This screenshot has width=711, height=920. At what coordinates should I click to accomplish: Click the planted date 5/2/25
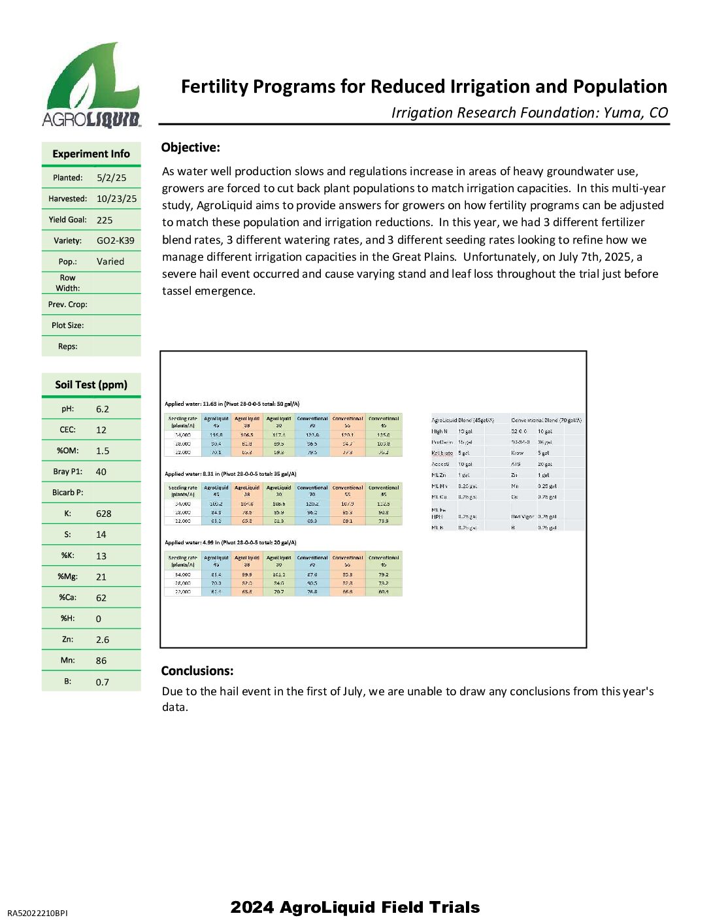click(x=111, y=178)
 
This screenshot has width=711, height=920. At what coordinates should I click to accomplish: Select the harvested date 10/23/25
click(x=116, y=199)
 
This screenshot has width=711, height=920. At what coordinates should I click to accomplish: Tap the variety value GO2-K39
click(x=115, y=240)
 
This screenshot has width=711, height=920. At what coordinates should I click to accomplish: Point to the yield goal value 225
click(x=105, y=220)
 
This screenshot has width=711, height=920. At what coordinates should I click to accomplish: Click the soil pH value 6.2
click(x=102, y=409)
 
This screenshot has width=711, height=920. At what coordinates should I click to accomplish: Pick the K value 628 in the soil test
click(x=103, y=514)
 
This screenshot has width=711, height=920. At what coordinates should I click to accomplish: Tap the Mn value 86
click(x=101, y=661)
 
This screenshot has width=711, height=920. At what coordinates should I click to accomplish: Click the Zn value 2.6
click(x=102, y=640)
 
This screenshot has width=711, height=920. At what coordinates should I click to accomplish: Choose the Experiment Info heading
click(x=91, y=154)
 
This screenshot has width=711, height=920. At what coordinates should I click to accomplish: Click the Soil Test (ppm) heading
click(x=91, y=385)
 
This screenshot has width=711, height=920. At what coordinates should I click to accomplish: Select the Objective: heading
click(x=190, y=148)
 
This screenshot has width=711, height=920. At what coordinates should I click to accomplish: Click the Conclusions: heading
click(x=197, y=671)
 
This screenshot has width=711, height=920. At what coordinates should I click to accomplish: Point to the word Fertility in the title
click(x=214, y=87)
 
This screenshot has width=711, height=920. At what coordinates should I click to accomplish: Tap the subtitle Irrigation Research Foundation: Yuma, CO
click(x=529, y=112)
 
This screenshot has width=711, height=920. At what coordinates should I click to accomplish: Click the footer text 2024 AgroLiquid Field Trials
click(x=355, y=907)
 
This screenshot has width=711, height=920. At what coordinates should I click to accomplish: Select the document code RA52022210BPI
click(x=37, y=913)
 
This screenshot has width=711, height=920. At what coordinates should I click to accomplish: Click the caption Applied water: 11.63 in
click(x=193, y=404)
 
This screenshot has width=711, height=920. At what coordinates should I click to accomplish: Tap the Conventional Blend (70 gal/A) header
click(x=546, y=420)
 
